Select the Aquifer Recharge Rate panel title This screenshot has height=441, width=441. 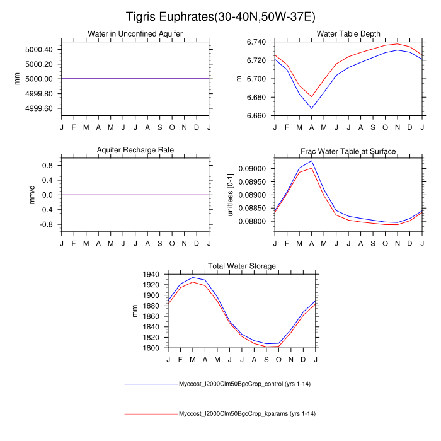(x=135, y=150)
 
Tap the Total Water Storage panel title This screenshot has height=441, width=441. (x=242, y=266)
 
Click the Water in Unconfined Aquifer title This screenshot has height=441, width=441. (x=135, y=33)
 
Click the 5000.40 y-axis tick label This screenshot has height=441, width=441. (x=40, y=49)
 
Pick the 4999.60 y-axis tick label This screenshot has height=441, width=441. (x=40, y=108)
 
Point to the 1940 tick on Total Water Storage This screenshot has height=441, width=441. (x=151, y=274)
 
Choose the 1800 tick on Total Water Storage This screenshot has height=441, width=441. (x=151, y=348)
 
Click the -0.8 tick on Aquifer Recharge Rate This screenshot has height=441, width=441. (x=46, y=224)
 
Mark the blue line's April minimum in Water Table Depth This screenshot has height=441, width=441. (x=312, y=108)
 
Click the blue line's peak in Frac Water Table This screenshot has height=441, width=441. (x=312, y=161)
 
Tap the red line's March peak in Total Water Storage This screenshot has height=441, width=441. (x=193, y=282)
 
